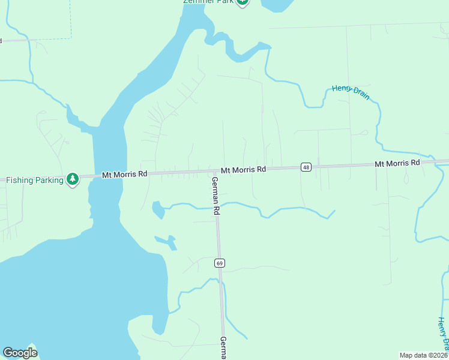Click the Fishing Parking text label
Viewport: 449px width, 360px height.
pos(34,179)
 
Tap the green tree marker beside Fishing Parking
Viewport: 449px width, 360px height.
pos(73,179)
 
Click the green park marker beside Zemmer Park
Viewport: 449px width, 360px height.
pos(242,2)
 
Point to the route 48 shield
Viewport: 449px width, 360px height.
pos(306,167)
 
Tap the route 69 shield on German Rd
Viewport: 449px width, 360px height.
pos(220,263)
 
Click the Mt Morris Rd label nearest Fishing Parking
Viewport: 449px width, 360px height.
pos(124,175)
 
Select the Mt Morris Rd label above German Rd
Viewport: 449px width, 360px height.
pos(243,170)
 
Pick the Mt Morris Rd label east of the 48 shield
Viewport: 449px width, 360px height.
pos(397,163)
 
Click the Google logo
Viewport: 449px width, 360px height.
pos(20,352)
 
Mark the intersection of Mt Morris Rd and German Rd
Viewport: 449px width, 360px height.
pos(214,172)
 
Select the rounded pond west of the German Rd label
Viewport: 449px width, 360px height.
pos(158,210)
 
